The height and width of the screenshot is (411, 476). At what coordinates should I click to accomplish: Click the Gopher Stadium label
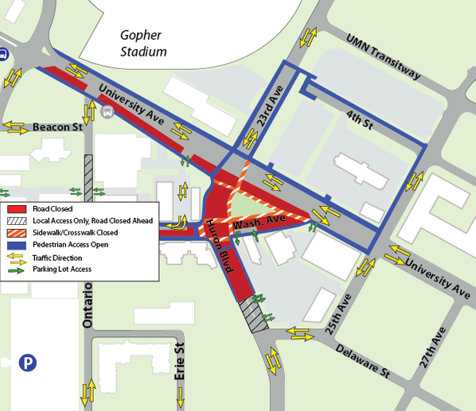(143, 43)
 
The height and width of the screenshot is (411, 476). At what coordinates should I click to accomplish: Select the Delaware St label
(361, 360)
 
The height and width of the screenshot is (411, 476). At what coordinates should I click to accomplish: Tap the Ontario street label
(88, 304)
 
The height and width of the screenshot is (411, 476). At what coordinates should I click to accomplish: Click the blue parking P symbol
(28, 363)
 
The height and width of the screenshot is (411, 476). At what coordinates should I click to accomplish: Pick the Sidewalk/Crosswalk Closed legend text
(72, 233)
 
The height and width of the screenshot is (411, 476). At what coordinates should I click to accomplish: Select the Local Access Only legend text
(92, 220)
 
